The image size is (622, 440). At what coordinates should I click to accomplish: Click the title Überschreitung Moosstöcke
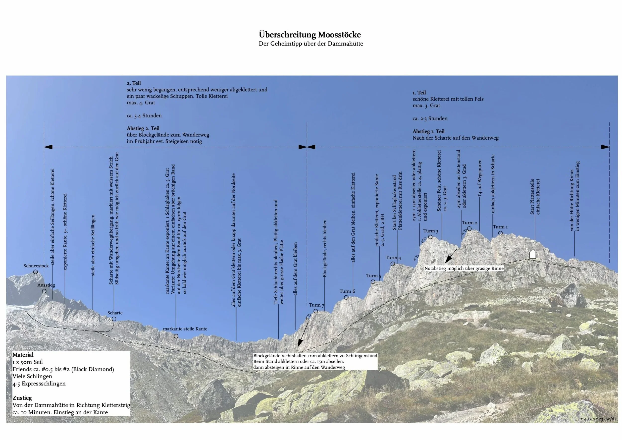pyautogui.click(x=310, y=35)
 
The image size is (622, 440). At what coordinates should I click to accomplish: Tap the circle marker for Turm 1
pyautogui.click(x=500, y=233)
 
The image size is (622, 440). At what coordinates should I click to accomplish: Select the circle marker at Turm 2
pyautogui.click(x=469, y=229)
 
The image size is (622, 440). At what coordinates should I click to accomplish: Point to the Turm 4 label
pyautogui.click(x=393, y=258)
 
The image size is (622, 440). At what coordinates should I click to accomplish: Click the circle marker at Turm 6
pyautogui.click(x=346, y=297)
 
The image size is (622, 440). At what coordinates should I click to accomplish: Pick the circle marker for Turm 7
pyautogui.click(x=316, y=311)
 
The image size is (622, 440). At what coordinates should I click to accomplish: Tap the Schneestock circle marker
pyautogui.click(x=36, y=272)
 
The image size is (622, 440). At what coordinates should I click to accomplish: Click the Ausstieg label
pyautogui.click(x=46, y=285)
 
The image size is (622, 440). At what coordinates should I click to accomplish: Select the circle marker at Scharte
pyautogui.click(x=114, y=319)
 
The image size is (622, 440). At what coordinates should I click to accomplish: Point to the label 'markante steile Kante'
pyautogui.click(x=185, y=329)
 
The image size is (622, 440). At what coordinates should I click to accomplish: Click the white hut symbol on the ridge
pyautogui.click(x=532, y=254)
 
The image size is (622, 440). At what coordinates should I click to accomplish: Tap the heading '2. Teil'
pyautogui.click(x=134, y=83)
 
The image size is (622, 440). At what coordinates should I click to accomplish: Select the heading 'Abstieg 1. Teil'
pyautogui.click(x=429, y=131)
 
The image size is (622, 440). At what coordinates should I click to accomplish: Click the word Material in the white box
pyautogui.click(x=23, y=355)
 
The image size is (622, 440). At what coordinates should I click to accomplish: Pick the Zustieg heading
pyautogui.click(x=22, y=398)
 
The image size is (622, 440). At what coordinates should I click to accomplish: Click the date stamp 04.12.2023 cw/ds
pyautogui.click(x=598, y=419)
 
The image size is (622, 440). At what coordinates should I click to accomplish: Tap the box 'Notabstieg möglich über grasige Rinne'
pyautogui.click(x=464, y=269)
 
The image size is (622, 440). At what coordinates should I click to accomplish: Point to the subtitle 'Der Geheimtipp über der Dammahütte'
pyautogui.click(x=311, y=44)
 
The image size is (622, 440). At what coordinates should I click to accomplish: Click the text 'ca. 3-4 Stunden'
pyautogui.click(x=144, y=116)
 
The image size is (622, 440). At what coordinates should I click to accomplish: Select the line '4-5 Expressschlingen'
pyautogui.click(x=39, y=384)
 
